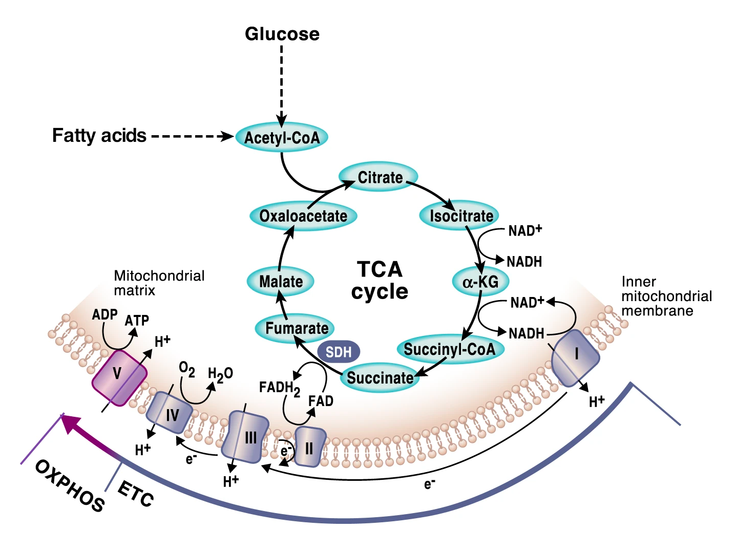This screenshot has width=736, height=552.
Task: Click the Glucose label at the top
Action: click(x=282, y=34)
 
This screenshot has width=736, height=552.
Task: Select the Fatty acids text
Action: click(x=99, y=136)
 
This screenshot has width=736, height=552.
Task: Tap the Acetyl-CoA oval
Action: click(x=282, y=137)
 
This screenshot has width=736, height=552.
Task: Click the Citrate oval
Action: click(x=379, y=177)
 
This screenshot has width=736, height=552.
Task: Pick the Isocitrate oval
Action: click(x=460, y=216)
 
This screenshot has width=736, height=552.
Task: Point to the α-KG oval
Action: click(x=480, y=281)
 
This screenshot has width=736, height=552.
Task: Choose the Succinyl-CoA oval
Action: click(x=450, y=349)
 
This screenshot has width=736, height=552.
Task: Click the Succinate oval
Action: click(x=380, y=378)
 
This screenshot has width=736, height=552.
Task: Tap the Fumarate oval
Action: click(x=296, y=328)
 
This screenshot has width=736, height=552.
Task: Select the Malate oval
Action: click(x=281, y=281)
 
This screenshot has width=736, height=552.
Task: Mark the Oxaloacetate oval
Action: click(x=303, y=216)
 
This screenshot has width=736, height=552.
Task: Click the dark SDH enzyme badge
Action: click(x=339, y=352)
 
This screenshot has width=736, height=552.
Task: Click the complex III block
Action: click(x=248, y=437)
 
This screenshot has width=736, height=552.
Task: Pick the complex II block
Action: click(x=309, y=447)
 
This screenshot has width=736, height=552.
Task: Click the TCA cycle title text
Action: click(x=380, y=280)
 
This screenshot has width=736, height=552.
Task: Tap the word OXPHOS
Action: click(x=70, y=485)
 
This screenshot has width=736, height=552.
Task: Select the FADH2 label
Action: click(x=279, y=388)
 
